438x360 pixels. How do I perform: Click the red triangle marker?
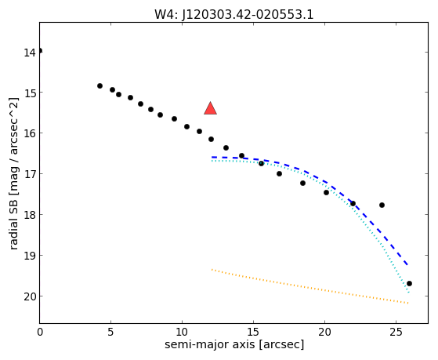(210, 108)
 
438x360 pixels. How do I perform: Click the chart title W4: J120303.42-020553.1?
(234, 15)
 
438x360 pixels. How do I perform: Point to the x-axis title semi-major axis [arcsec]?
(234, 344)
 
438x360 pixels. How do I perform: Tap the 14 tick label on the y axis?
(29, 53)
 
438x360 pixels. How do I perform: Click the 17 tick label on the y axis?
(29, 174)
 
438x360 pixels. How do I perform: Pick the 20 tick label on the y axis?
(29, 296)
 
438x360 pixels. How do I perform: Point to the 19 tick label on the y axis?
(29, 256)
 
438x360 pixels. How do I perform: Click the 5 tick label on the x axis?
(111, 332)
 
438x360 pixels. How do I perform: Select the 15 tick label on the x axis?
(253, 332)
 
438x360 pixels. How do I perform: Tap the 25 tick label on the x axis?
(396, 332)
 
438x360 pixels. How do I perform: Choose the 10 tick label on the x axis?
(182, 332)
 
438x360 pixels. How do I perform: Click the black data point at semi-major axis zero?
(40, 51)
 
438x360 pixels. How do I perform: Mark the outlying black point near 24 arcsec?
(382, 205)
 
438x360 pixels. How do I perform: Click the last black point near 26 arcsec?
(409, 284)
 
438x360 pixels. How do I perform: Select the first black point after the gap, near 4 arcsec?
(100, 85)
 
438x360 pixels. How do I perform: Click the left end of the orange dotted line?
(212, 269)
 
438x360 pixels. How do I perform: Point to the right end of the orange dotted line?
(408, 303)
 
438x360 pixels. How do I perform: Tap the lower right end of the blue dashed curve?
(408, 265)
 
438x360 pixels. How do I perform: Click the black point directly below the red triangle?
(212, 140)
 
